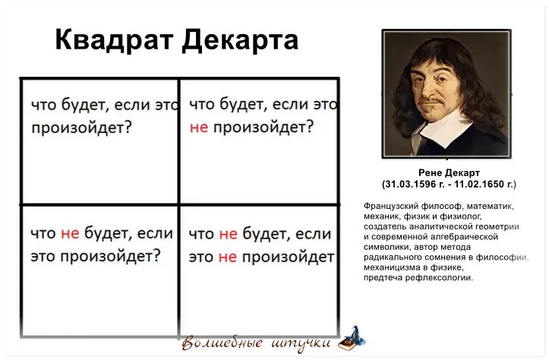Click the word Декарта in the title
[240, 40]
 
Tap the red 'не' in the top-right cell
[198, 127]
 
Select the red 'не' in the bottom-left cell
[70, 234]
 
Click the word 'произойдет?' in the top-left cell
[81, 128]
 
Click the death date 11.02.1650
[481, 185]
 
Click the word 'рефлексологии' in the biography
[440, 277]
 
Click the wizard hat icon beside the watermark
[351, 337]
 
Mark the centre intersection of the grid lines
[179, 204]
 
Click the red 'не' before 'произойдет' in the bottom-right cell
[227, 257]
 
